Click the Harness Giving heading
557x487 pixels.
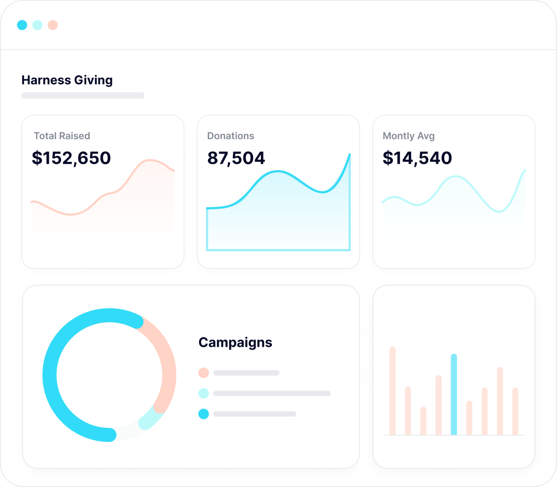coord(67,80)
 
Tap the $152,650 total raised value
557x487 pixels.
coord(71,158)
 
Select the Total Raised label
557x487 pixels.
coord(62,136)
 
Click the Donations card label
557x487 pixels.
coord(230,136)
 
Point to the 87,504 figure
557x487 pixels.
coord(236,158)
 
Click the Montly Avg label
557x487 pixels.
coord(409,136)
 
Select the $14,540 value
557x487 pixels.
coord(417,158)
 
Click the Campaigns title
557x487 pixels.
coord(235,342)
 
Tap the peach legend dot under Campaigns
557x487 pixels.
coord(203,373)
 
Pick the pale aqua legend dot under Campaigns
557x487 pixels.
coord(203,394)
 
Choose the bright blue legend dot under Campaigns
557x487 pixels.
coord(203,414)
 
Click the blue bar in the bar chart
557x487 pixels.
coord(454,394)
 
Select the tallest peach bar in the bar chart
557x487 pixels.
coord(393,391)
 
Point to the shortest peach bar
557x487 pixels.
coord(423,421)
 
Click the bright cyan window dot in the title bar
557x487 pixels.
coord(22,25)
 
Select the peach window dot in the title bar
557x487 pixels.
coord(53,25)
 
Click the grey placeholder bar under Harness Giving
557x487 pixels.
coord(83,95)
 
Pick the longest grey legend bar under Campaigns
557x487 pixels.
coord(272,394)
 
